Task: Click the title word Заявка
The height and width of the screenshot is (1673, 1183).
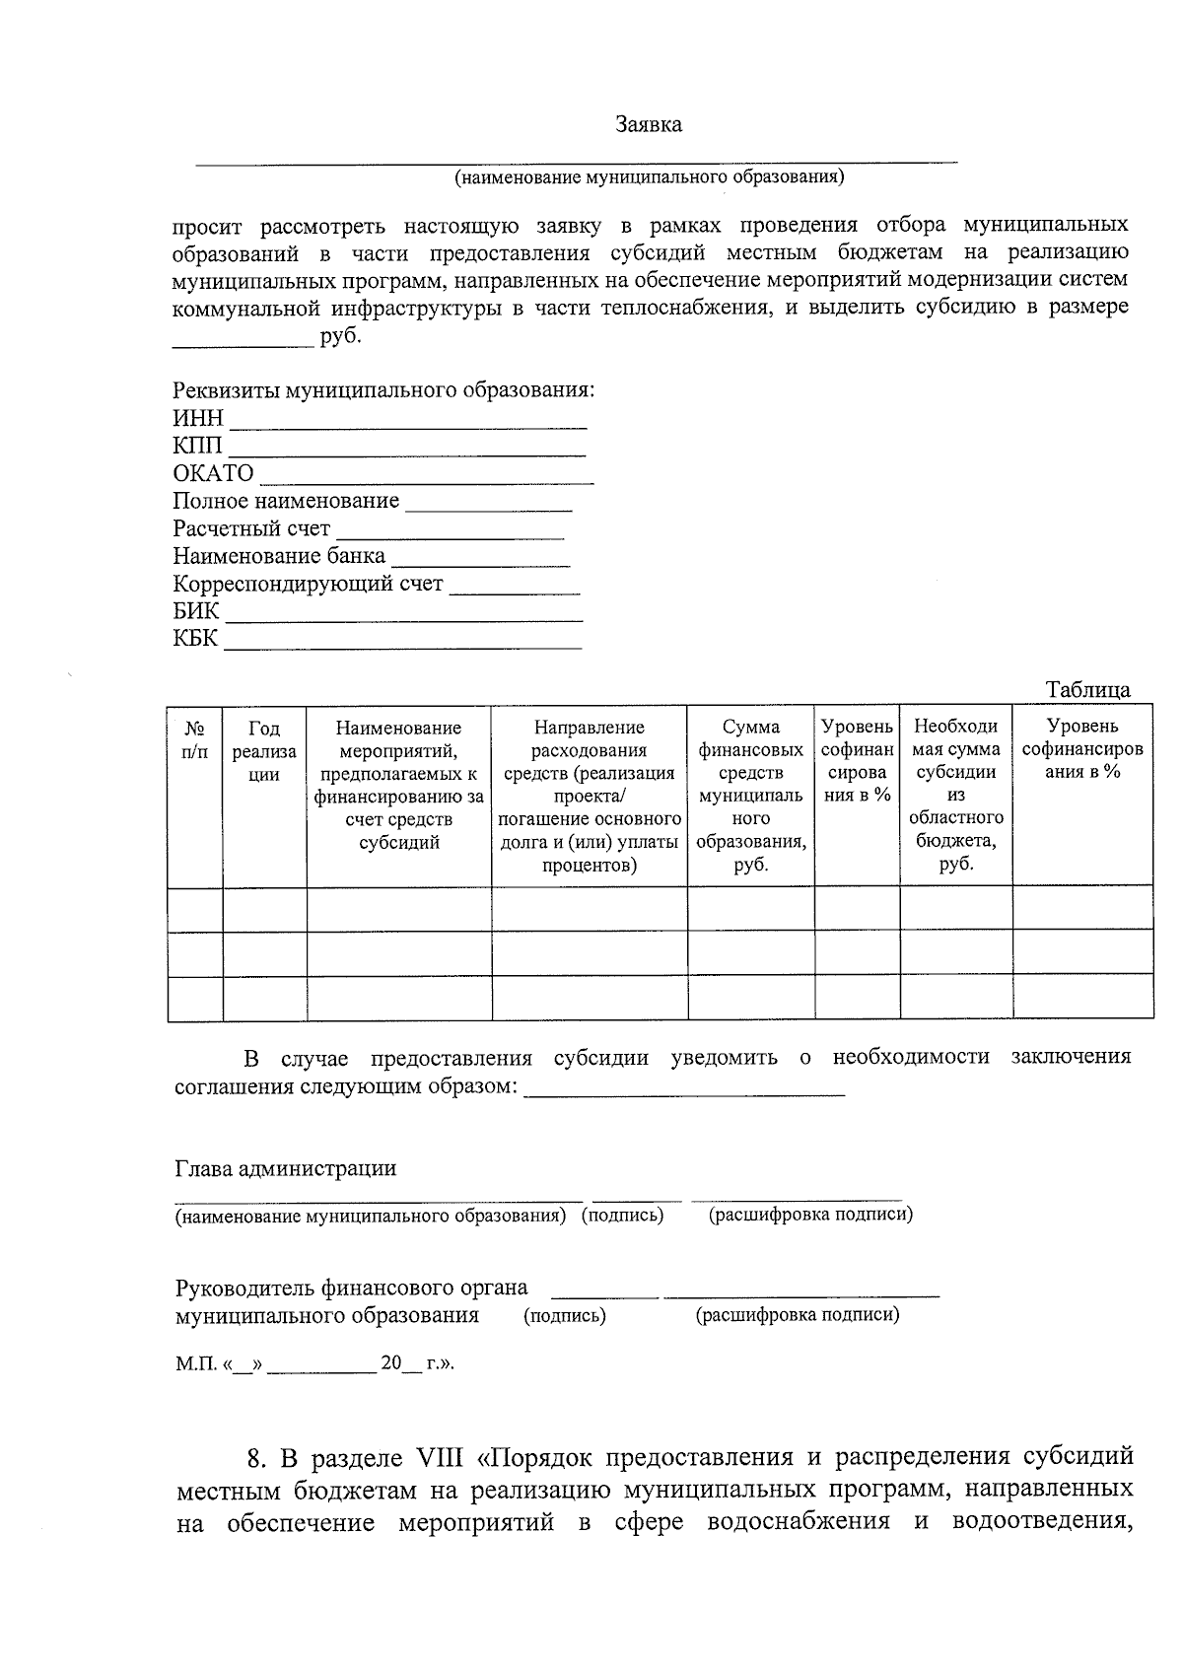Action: tap(648, 125)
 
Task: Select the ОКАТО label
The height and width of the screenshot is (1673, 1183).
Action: tap(213, 473)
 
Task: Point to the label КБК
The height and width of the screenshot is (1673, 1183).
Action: tap(195, 639)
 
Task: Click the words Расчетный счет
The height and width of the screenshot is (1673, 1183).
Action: tap(251, 528)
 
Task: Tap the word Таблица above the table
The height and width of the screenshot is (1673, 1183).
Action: tap(1087, 689)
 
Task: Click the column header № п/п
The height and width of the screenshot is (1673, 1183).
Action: tap(195, 739)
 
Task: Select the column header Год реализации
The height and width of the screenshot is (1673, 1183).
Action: tap(264, 751)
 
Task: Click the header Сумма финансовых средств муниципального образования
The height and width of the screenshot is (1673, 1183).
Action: tap(751, 796)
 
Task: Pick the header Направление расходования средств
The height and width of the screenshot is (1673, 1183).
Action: tap(589, 796)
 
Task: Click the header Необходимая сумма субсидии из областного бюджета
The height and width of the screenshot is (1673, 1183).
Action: tap(955, 796)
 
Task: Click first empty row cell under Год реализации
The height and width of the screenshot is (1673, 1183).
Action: tap(264, 908)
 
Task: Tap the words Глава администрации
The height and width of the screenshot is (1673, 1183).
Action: tap(286, 1169)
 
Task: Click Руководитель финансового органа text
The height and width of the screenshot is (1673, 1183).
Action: tap(351, 1288)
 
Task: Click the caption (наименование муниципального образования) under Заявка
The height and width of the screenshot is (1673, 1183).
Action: tap(649, 177)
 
